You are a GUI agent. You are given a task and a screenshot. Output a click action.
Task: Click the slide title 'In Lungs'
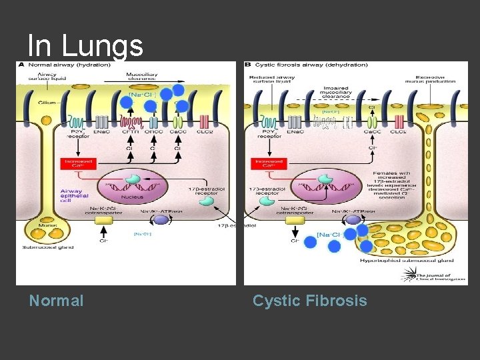pos(85,46)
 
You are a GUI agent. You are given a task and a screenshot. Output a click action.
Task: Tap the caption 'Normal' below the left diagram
pos(57,301)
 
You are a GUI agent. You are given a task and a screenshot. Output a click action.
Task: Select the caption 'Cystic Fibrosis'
pos(309,301)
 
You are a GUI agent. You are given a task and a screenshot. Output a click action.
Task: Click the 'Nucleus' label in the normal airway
pos(132,197)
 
